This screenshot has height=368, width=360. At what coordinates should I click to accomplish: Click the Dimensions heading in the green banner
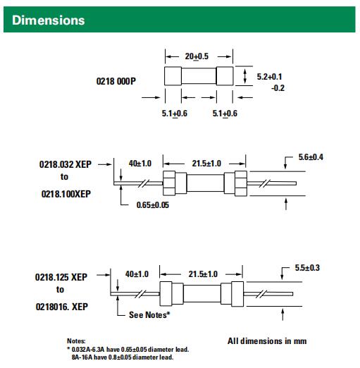click(x=49, y=20)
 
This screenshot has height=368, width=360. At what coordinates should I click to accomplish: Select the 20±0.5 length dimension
click(x=197, y=56)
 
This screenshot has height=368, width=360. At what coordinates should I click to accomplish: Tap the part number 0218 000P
click(x=116, y=81)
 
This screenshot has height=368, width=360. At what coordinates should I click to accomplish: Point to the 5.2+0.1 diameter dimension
click(x=269, y=77)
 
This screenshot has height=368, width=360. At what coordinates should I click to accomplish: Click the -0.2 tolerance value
click(x=278, y=88)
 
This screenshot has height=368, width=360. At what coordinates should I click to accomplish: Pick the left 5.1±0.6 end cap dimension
click(x=175, y=114)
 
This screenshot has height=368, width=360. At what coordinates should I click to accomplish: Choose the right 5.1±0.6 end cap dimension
click(x=225, y=114)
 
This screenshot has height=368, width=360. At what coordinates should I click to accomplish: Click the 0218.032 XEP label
click(x=66, y=164)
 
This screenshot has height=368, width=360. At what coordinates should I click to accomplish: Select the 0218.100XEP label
click(x=66, y=194)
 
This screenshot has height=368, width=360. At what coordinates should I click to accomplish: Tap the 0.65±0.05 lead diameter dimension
click(x=153, y=205)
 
